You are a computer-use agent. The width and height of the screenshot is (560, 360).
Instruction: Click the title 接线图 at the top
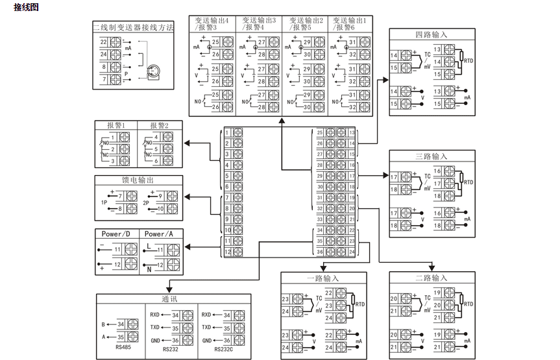tap(27, 7)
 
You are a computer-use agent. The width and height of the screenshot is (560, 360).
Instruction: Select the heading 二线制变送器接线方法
tap(133, 27)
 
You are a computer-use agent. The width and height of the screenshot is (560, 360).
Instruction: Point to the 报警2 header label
tap(159, 125)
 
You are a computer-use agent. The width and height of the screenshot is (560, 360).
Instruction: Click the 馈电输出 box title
tap(138, 180)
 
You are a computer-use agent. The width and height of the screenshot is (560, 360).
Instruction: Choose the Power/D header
tap(116, 234)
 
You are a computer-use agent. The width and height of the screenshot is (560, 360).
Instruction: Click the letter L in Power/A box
tap(149, 246)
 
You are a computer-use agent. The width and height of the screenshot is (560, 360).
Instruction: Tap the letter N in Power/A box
tap(149, 269)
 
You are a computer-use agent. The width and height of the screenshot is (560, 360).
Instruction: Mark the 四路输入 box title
tap(431, 34)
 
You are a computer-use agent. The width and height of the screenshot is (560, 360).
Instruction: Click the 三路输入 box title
tap(431, 156)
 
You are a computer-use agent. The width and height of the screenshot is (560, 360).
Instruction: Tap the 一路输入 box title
tap(323, 278)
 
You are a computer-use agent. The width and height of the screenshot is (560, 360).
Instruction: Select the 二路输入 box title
tap(431, 278)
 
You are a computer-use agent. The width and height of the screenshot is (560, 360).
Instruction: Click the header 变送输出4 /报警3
tap(212, 24)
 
